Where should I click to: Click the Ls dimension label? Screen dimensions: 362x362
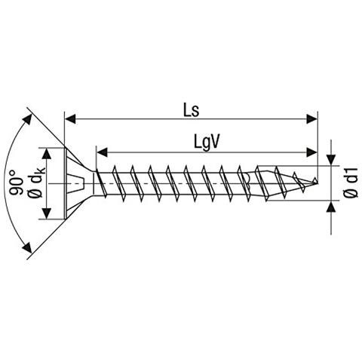[x=192, y=111]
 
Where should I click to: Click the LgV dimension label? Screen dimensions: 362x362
[x=207, y=143]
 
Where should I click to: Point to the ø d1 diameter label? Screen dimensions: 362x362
[x=350, y=183]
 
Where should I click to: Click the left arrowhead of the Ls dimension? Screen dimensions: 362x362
[x=70, y=119]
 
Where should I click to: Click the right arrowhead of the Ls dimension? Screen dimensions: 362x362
[x=312, y=119]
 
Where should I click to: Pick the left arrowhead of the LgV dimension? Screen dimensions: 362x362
[x=102, y=152]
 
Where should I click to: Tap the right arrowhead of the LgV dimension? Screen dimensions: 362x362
[x=312, y=152]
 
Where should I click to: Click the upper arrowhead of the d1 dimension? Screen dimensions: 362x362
[x=331, y=160]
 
